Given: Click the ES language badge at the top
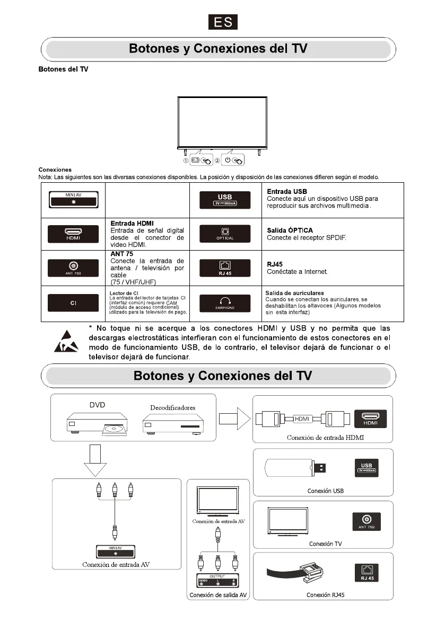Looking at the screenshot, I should point(222,22).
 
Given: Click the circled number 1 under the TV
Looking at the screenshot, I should point(186,161).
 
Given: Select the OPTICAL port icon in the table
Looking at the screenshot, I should point(224,234).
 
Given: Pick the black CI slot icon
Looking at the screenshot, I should point(73,303).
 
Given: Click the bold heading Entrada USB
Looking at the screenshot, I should point(287,191).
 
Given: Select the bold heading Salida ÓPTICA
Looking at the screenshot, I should point(290,230).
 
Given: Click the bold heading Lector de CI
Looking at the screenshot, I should point(124,293).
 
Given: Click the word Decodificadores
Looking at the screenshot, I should point(172,407).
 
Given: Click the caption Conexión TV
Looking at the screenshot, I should point(325,544).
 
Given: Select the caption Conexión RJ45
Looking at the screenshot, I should point(325,595).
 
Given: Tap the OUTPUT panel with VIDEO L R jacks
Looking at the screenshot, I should point(217,579).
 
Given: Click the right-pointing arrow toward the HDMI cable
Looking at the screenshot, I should point(234,419).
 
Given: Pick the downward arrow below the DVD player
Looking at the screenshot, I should point(95,460).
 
